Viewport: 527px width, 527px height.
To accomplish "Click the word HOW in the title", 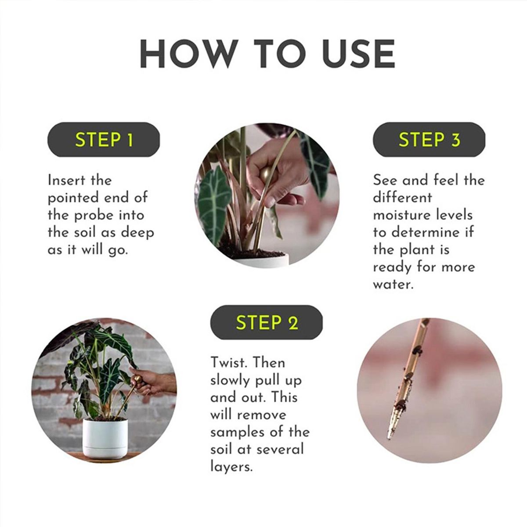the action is [x=189, y=54].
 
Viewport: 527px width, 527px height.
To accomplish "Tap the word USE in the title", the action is [x=358, y=54].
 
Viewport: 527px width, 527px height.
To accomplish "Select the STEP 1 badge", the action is [x=104, y=140].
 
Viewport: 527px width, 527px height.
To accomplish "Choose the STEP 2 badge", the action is [x=267, y=322].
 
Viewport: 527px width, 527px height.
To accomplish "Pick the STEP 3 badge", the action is [x=429, y=140].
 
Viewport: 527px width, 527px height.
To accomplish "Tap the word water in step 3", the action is [x=393, y=285].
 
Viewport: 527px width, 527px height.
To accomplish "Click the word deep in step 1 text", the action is [x=137, y=232].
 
